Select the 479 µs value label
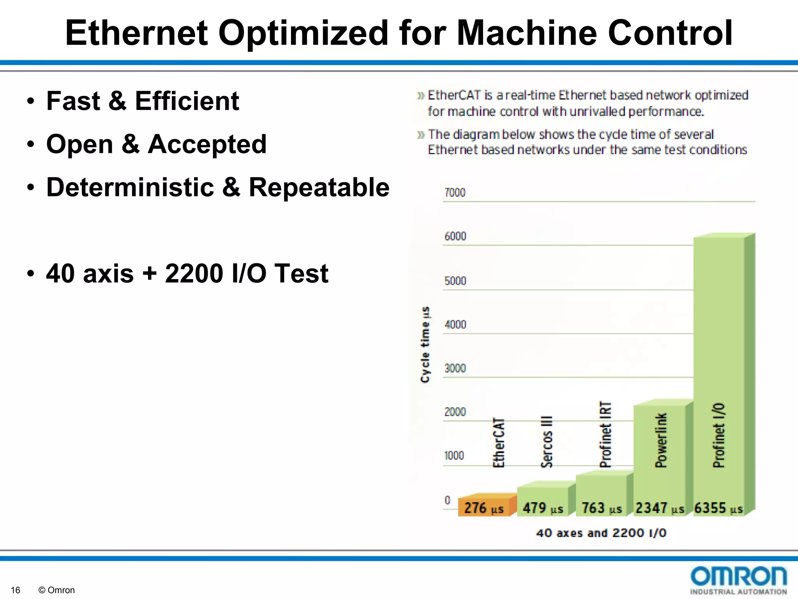pyautogui.click(x=543, y=508)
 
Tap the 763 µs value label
pyautogui.click(x=601, y=508)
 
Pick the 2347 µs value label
pyautogui.click(x=659, y=508)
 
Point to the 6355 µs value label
pyautogui.click(x=718, y=508)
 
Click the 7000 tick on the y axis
pyautogui.click(x=455, y=193)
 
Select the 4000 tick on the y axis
pyautogui.click(x=455, y=324)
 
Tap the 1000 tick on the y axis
pyautogui.click(x=454, y=455)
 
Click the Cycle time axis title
pyautogui.click(x=425, y=345)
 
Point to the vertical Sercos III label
pyautogui.click(x=547, y=441)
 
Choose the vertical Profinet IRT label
pyautogui.click(x=606, y=434)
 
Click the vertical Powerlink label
pyautogui.click(x=661, y=440)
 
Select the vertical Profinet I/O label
pyautogui.click(x=719, y=435)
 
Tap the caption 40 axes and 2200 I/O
pyautogui.click(x=601, y=533)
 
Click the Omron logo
pyautogui.click(x=738, y=580)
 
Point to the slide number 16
pyautogui.click(x=15, y=590)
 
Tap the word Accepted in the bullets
pyautogui.click(x=207, y=144)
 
